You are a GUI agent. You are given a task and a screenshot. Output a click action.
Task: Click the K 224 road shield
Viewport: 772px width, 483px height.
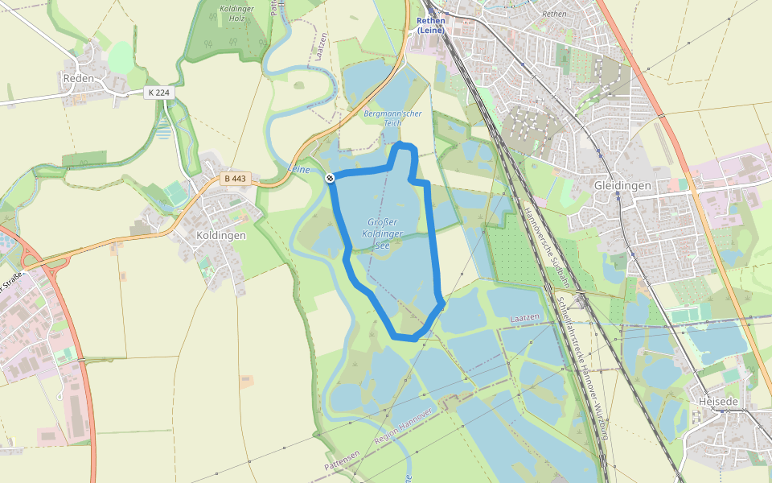(159, 93)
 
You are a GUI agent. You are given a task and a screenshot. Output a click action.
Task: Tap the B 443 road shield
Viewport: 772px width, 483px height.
(236, 178)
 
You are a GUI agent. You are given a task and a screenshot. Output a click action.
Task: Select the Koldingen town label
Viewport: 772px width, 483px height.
(221, 236)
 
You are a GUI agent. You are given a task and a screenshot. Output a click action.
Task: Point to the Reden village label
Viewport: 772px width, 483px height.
(78, 79)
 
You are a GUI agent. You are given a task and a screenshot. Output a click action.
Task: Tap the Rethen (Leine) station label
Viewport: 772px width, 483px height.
(431, 26)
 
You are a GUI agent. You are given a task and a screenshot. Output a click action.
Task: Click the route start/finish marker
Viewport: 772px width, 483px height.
(331, 178)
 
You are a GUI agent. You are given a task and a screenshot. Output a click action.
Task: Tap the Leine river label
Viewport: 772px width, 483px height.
(299, 170)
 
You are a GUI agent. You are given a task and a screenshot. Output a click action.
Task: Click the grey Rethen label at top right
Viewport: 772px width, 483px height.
(554, 14)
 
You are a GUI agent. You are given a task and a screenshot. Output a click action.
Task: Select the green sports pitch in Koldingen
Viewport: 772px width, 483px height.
(175, 193)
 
